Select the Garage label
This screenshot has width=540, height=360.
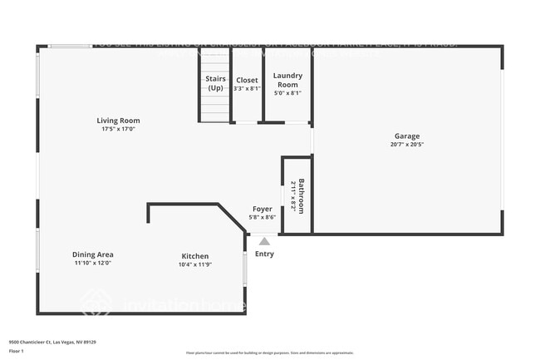(407, 136)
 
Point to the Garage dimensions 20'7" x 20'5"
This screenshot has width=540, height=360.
(407, 144)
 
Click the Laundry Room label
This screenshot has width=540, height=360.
(287, 80)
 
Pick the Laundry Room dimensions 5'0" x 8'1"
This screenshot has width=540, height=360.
(287, 92)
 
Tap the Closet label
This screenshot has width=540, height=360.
(247, 80)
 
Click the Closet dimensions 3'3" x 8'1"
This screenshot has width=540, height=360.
(247, 88)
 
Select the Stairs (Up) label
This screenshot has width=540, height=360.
(215, 83)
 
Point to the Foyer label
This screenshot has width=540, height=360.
(263, 209)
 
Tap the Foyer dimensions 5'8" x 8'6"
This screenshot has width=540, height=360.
(263, 218)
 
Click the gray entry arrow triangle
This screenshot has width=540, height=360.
(264, 241)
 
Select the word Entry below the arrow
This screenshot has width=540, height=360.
(264, 254)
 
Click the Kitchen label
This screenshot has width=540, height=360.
(195, 256)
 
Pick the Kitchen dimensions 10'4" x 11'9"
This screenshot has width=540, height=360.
(195, 264)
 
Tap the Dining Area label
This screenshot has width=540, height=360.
(93, 254)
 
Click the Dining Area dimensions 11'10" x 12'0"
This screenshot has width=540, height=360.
(93, 263)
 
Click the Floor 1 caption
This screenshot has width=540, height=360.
(16, 352)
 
